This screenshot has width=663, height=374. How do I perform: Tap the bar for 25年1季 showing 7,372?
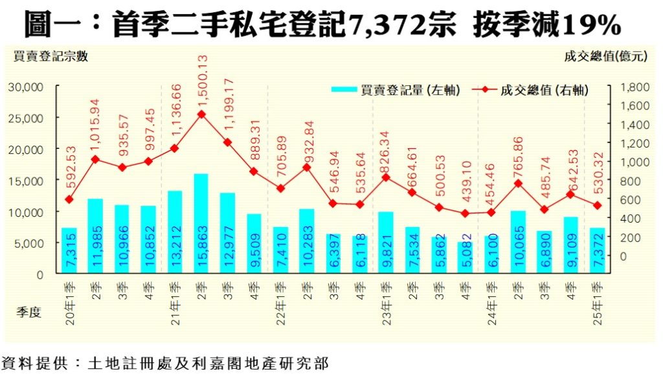[597, 250]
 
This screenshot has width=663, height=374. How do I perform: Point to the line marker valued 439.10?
[465, 214]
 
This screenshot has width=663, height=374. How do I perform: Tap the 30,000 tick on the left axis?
[25, 87]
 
